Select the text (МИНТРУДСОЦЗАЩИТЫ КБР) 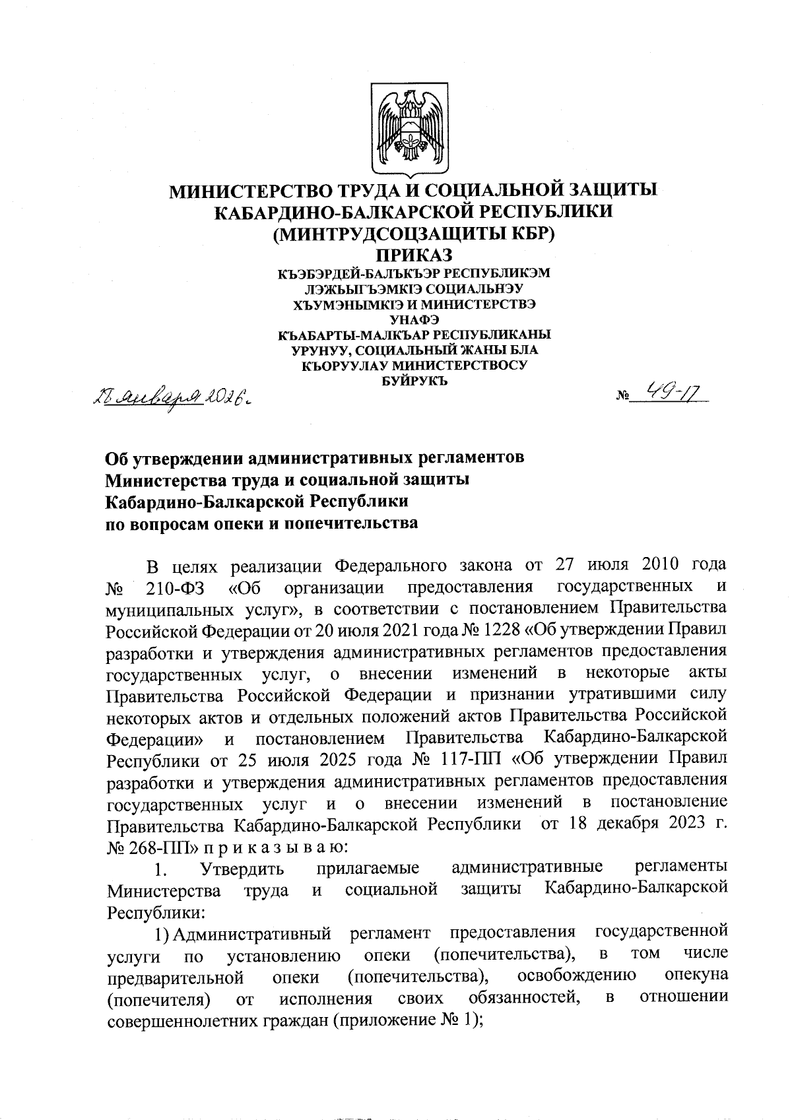click(x=414, y=234)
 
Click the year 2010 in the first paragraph click(x=649, y=566)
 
